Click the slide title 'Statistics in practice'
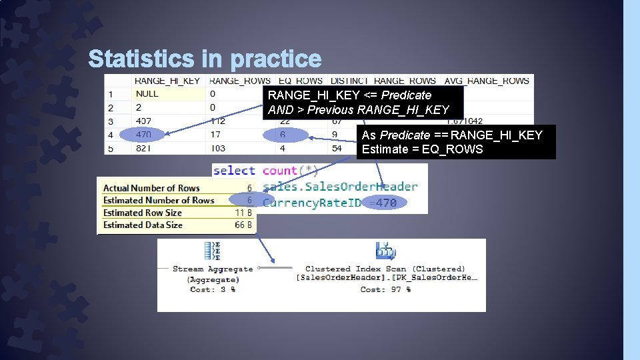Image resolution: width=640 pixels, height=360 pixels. click(205, 59)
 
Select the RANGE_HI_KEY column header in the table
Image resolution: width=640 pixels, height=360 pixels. click(167, 81)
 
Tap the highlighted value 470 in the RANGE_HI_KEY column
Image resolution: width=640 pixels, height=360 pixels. click(143, 135)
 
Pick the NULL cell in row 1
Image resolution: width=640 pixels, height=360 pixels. click(147, 94)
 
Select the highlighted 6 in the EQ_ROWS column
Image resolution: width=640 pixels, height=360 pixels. click(283, 135)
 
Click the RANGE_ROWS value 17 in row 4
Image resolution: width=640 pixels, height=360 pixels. click(215, 135)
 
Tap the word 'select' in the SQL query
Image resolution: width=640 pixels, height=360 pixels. click(234, 171)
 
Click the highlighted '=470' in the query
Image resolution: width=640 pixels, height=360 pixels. click(383, 203)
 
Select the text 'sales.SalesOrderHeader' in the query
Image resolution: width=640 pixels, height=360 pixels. click(340, 187)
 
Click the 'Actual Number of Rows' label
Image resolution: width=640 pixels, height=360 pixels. click(151, 189)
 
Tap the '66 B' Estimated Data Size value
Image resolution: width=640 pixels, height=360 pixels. click(243, 225)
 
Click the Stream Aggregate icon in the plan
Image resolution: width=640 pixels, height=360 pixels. click(213, 251)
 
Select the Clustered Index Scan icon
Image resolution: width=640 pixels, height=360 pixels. click(385, 251)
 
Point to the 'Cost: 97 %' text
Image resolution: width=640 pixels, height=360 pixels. click(385, 289)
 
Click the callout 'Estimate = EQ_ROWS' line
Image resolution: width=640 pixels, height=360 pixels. click(422, 149)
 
